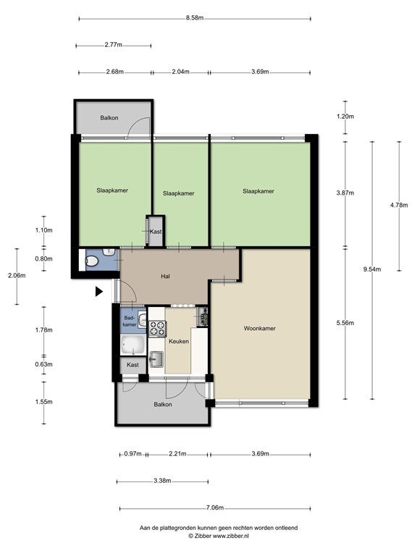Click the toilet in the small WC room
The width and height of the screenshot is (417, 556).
click(x=92, y=261)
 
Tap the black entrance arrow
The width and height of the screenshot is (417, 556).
click(x=99, y=292)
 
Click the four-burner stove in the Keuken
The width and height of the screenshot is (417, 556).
click(x=157, y=329)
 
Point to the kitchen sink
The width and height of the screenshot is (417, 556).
click(x=156, y=359)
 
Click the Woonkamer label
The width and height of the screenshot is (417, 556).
click(x=260, y=329)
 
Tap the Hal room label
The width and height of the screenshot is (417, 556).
click(x=165, y=277)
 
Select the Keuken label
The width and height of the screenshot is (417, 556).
click(x=179, y=342)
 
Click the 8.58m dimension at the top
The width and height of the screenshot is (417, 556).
click(x=195, y=18)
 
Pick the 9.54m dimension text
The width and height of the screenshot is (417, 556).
click(x=372, y=269)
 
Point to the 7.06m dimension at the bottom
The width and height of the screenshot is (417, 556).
click(x=215, y=507)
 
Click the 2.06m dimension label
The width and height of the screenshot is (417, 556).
click(x=17, y=275)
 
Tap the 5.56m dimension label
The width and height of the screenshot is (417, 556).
click(x=345, y=323)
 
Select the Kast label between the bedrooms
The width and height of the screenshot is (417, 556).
click(x=156, y=232)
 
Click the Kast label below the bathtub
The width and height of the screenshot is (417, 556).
click(x=132, y=365)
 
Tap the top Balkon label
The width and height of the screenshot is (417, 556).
click(x=109, y=118)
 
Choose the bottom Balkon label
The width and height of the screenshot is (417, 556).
click(x=163, y=404)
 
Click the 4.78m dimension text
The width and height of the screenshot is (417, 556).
click(x=399, y=205)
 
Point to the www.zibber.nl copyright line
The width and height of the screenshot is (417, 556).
click(x=219, y=536)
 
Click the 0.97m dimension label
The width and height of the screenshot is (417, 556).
click(x=132, y=453)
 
